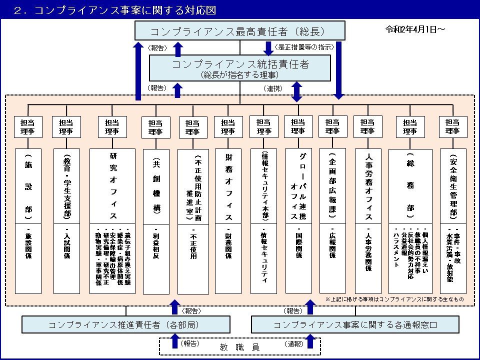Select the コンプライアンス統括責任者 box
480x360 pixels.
click(x=240, y=68)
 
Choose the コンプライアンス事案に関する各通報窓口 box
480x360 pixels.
click(x=355, y=324)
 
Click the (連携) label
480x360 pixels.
click(x=273, y=88)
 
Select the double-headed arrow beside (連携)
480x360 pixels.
click(x=297, y=91)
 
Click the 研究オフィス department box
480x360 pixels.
click(x=112, y=220)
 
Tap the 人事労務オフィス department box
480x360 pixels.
click(x=367, y=220)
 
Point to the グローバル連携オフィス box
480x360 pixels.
click(x=298, y=220)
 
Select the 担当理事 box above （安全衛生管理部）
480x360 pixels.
click(x=452, y=126)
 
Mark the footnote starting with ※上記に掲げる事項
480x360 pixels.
click(x=394, y=299)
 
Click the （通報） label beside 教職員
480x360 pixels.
click(x=294, y=344)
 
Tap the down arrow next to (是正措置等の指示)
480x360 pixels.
click(x=267, y=48)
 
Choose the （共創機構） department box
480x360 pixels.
click(x=155, y=220)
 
